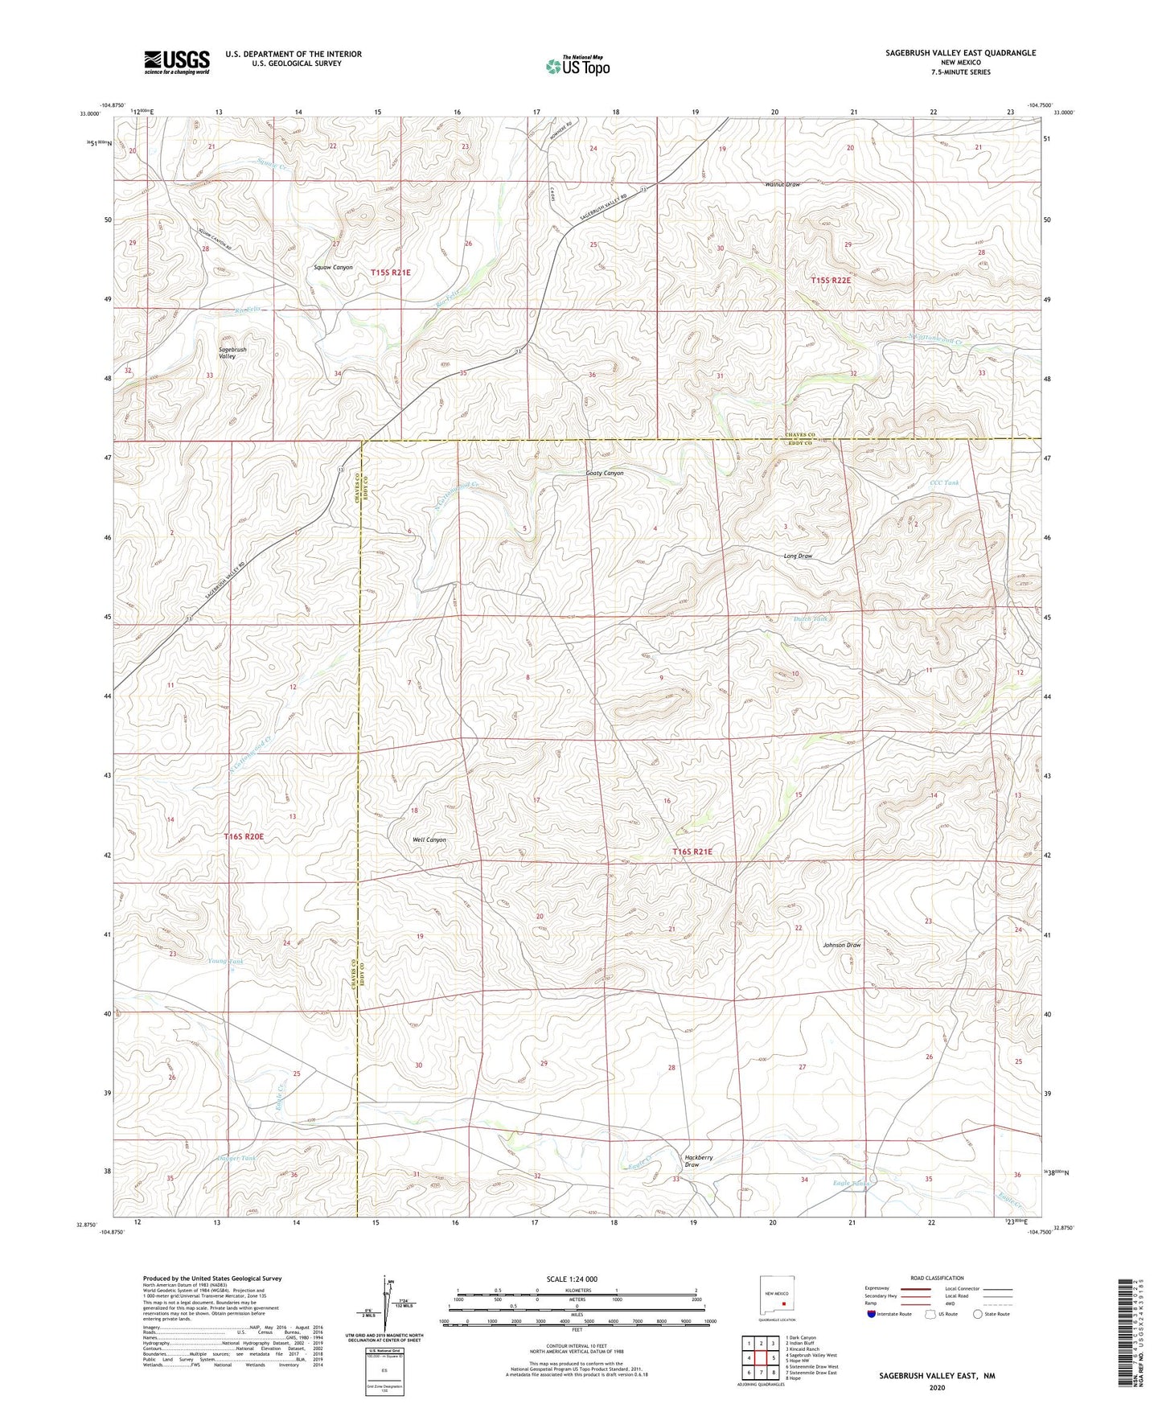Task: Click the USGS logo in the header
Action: pyautogui.click(x=177, y=61)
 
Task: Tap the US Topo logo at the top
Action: pyautogui.click(x=578, y=66)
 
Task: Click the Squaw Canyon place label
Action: pyautogui.click(x=333, y=267)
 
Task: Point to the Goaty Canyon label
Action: pyautogui.click(x=604, y=473)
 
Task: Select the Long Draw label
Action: pyautogui.click(x=798, y=556)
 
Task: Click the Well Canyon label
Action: pyautogui.click(x=429, y=840)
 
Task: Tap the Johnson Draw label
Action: pyautogui.click(x=841, y=945)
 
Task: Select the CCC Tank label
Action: pyautogui.click(x=944, y=483)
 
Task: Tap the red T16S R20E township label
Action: pyautogui.click(x=244, y=836)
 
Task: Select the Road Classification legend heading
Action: pyautogui.click(x=937, y=1278)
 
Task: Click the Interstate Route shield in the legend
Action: pyautogui.click(x=873, y=1315)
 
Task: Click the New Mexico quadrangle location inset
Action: pyautogui.click(x=777, y=1297)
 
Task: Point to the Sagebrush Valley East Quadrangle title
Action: pyautogui.click(x=960, y=53)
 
